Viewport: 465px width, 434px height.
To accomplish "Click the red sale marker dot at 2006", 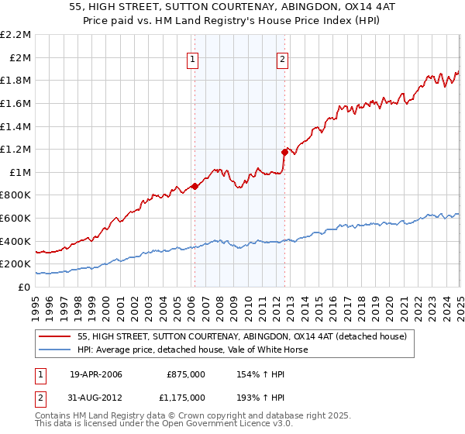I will pyautogui.click(x=195, y=186).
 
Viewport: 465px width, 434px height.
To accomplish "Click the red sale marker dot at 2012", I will pyautogui.click(x=285, y=152).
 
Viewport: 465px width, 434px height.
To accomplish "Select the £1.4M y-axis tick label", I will pyautogui.click(x=16, y=126).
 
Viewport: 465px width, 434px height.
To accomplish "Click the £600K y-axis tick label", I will pyautogui.click(x=16, y=219).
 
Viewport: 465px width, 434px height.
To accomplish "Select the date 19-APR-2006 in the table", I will pyautogui.click(x=96, y=374).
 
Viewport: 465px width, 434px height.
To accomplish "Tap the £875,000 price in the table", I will pyautogui.click(x=186, y=374).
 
